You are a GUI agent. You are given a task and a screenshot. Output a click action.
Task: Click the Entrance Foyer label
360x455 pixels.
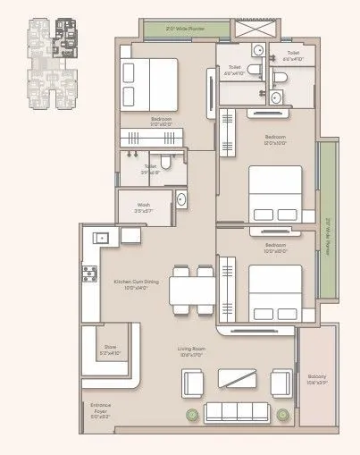click(100, 411)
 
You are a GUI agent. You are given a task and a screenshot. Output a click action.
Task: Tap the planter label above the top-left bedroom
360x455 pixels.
click(182, 29)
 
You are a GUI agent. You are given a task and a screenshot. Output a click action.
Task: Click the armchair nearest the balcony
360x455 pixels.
click(282, 382)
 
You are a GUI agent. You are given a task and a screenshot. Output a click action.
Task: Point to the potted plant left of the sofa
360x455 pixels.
click(191, 414)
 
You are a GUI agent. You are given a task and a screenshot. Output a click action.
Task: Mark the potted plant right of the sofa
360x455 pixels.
click(284, 414)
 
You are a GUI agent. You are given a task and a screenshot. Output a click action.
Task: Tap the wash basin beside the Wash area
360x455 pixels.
click(180, 198)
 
